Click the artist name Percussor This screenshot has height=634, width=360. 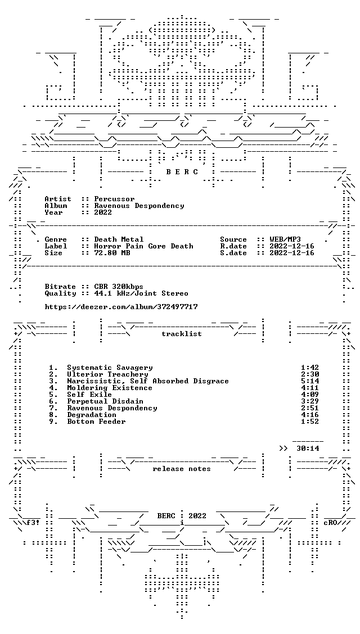coord(115,199)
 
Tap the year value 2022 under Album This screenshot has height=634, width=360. coord(103,212)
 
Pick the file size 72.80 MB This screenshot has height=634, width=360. coord(112,253)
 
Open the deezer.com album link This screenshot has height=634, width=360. coord(121,307)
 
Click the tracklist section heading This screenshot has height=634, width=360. coord(182,334)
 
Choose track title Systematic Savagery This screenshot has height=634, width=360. coord(110,368)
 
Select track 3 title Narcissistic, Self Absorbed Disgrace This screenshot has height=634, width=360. coord(148,381)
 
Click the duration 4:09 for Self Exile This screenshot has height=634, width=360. coord(310,395)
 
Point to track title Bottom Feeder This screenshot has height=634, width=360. coord(96,422)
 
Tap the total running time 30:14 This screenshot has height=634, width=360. coord(308,449)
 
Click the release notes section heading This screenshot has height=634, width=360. coord(182,469)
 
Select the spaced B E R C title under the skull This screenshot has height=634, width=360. coord(182,172)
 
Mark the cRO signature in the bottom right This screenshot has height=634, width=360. coord(331,522)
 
